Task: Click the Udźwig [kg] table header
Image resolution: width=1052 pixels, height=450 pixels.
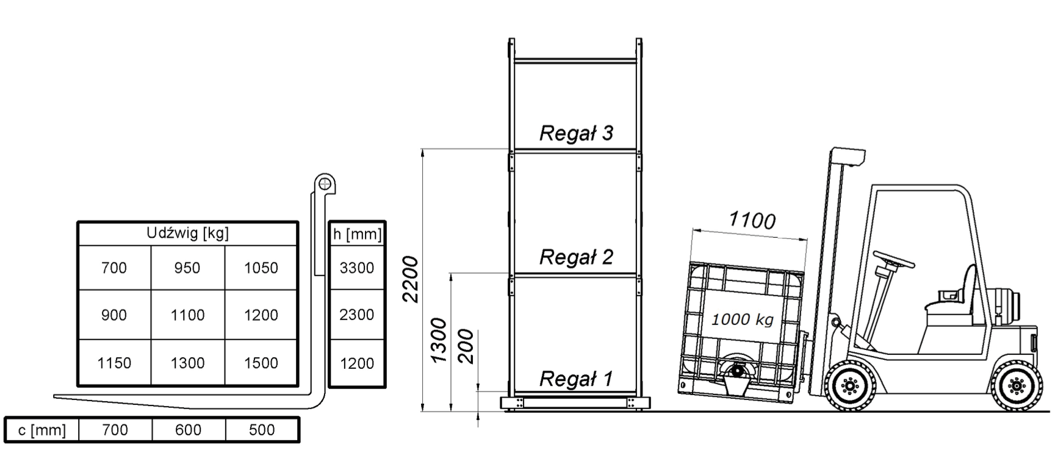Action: coord(187,234)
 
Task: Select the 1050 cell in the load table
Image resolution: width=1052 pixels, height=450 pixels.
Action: coord(261,268)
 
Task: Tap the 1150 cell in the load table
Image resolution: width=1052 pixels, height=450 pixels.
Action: coord(114,363)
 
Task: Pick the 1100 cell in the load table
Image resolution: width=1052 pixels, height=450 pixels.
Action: coord(187,315)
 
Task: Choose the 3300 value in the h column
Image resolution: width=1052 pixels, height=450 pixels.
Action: coord(357,268)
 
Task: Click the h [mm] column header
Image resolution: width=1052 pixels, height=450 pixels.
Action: coord(357,234)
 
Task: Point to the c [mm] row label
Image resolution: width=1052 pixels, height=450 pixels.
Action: coord(41,430)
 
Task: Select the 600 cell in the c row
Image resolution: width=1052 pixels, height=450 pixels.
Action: coord(188,430)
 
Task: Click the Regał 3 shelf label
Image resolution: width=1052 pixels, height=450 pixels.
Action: coord(576,133)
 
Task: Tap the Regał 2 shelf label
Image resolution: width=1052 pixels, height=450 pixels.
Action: coord(576,257)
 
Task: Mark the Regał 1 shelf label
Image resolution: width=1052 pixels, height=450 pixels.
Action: coord(576,379)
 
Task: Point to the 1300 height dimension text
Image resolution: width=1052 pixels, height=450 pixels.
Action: coord(439,340)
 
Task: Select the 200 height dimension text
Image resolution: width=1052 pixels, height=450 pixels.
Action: coord(466,346)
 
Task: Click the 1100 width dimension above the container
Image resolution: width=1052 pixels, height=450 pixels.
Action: coord(752,220)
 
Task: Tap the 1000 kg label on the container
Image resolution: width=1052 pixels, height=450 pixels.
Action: coord(743,319)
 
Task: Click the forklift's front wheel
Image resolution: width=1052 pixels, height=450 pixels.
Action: coord(849,385)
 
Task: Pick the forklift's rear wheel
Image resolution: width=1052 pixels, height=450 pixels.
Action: coord(1016,386)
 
